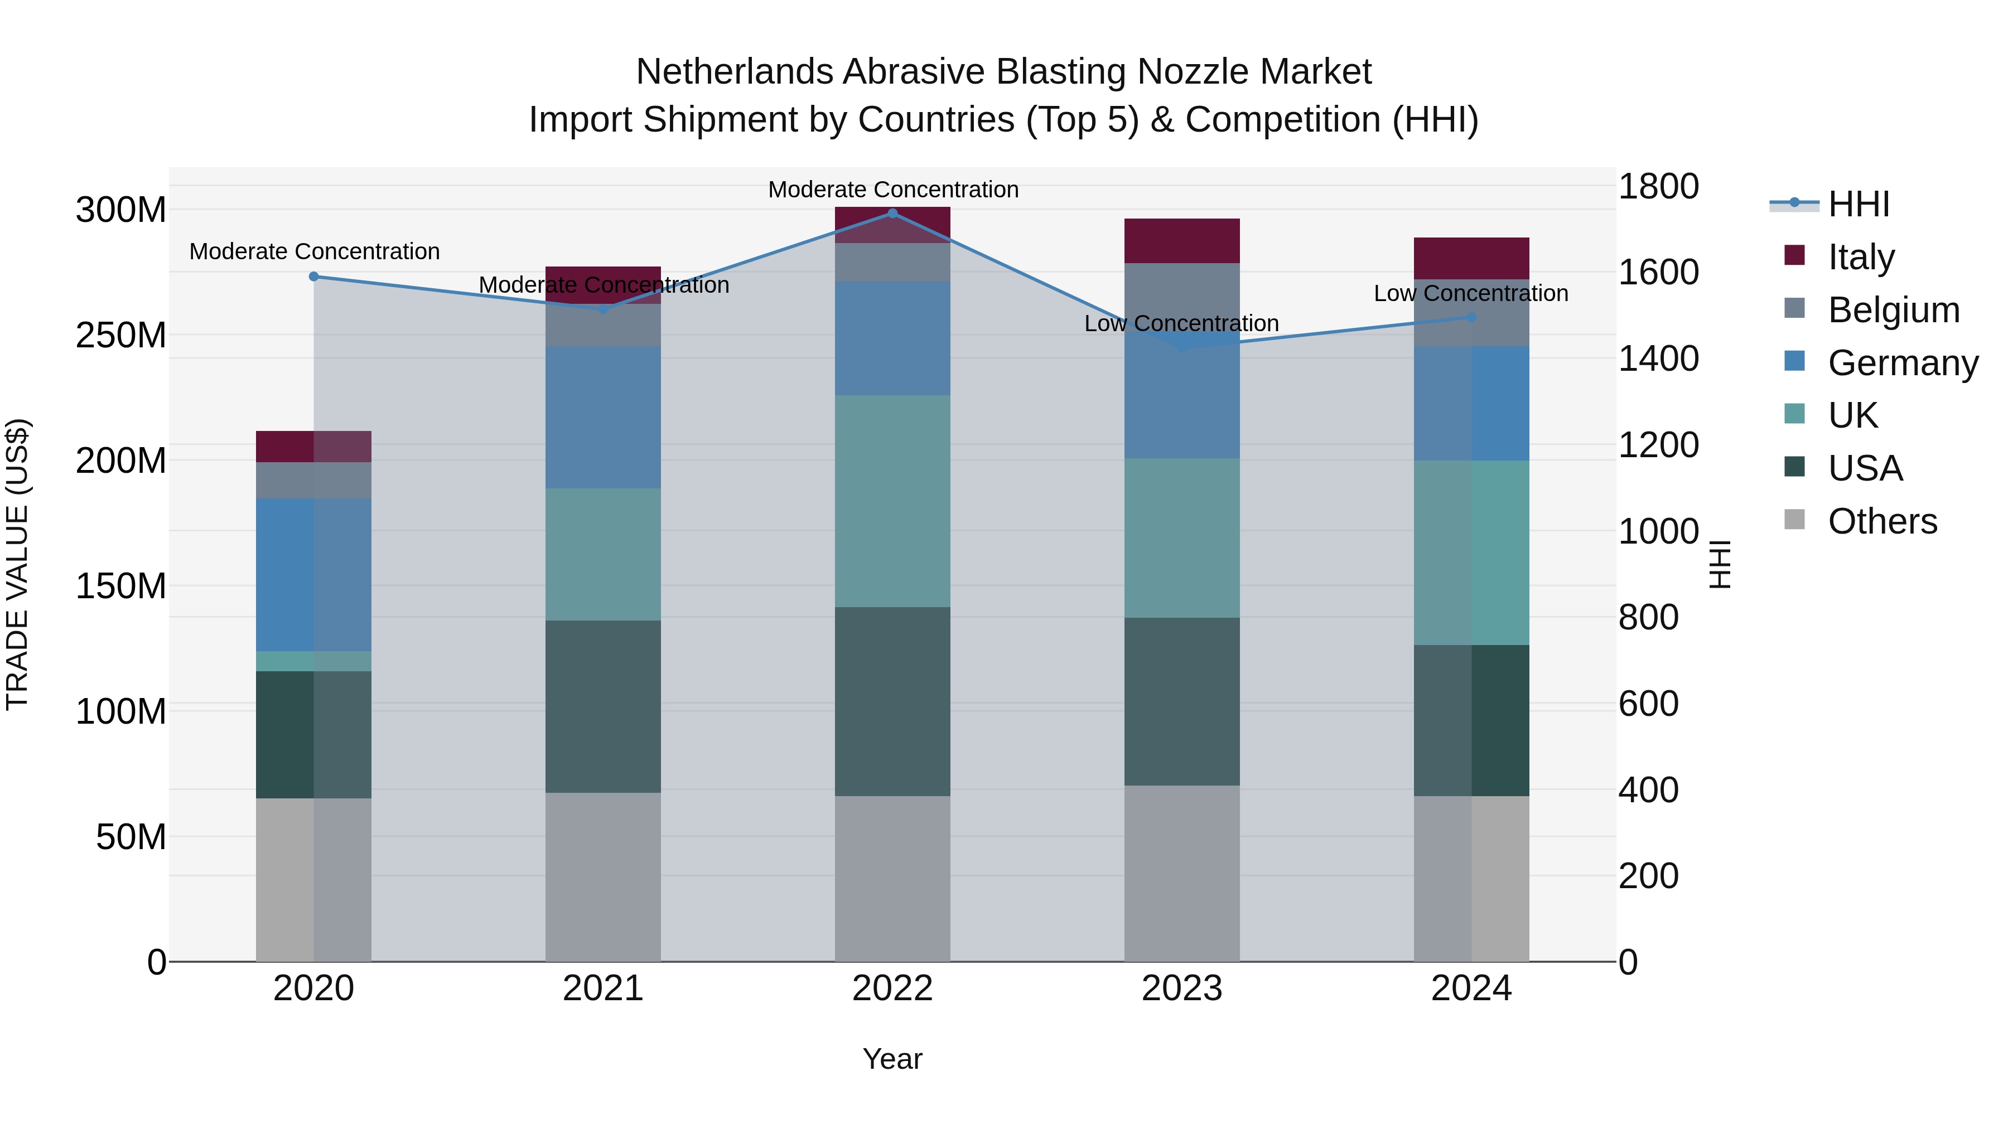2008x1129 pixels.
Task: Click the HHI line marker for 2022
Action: tap(892, 214)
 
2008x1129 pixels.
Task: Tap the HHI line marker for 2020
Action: tap(313, 277)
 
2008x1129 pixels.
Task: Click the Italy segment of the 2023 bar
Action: tap(1182, 241)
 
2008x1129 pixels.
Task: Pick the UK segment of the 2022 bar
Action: tap(892, 501)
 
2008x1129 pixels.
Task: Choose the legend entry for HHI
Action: tap(1859, 204)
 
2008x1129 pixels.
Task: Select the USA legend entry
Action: tap(1865, 468)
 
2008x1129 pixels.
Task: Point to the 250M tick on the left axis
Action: tap(121, 335)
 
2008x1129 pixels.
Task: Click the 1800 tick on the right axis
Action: tap(1659, 186)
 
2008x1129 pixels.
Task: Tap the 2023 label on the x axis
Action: tap(1182, 989)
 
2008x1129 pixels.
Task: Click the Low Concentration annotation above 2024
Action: tap(1471, 294)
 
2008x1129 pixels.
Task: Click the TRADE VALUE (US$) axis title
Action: tap(18, 564)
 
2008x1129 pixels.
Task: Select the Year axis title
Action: tap(892, 1059)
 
